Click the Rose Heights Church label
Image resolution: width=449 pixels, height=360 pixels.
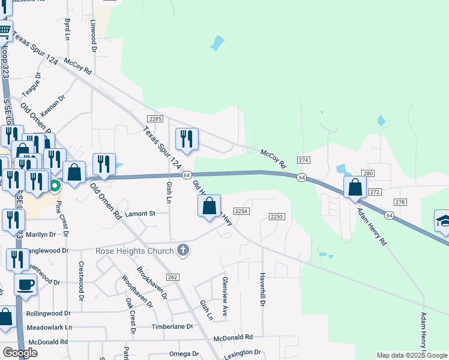135,251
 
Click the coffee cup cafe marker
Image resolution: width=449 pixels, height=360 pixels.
25,285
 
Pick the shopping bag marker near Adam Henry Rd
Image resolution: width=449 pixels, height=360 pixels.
355,187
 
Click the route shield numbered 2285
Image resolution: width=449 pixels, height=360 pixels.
155,119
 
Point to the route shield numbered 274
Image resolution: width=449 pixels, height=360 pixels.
304,160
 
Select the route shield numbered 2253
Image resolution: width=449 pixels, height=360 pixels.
276,216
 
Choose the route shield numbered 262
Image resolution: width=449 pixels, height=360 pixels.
173,277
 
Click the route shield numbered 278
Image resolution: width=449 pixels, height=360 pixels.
399,202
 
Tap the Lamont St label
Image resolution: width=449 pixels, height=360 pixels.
140,213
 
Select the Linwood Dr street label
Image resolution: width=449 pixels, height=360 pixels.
93,35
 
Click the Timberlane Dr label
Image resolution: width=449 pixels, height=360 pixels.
172,326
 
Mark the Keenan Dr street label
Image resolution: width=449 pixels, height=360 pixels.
53,106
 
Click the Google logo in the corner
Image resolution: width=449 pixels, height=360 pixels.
20,353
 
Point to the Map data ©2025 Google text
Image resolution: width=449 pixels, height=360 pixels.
412,355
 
